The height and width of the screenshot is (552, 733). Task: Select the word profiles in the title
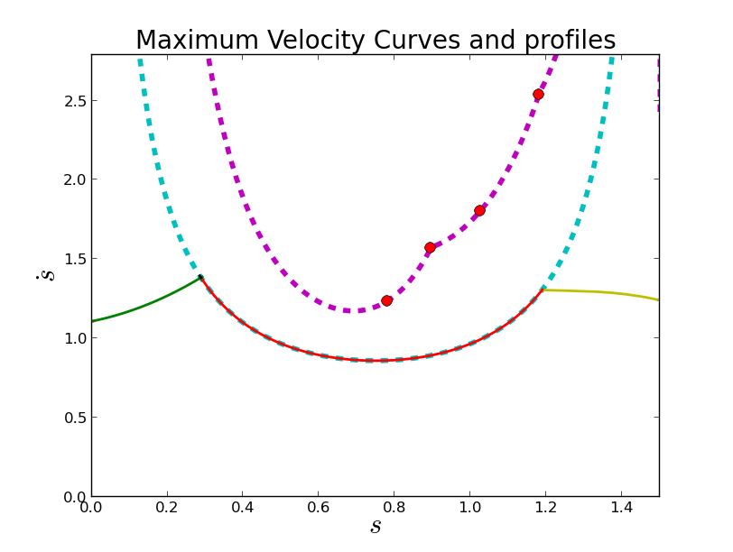click(572, 41)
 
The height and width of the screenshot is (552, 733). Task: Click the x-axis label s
click(376, 526)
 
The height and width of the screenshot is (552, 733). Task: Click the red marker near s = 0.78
click(386, 300)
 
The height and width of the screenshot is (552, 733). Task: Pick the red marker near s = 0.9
click(430, 247)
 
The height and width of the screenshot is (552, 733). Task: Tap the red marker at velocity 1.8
click(479, 210)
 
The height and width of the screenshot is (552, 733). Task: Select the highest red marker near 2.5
click(538, 94)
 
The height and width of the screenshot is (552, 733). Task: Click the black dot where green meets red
click(200, 278)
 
